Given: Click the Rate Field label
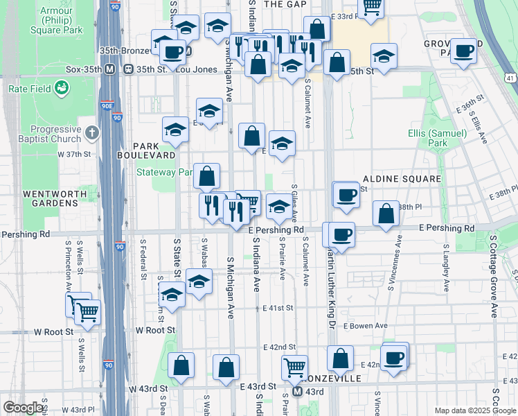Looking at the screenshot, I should pos(27,89).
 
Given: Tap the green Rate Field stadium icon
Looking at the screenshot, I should pos(62,88).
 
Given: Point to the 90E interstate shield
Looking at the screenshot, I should pos(107,105).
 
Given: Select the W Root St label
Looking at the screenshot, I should pos(55,331).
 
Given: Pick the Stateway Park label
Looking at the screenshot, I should pos(163,172).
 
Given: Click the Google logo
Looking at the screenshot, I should pos(23,408).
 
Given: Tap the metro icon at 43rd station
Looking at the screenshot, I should pos(297,392).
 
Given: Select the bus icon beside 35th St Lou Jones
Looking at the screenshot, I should pos(129,69).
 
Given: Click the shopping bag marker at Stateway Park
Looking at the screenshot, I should pos(207,177).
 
